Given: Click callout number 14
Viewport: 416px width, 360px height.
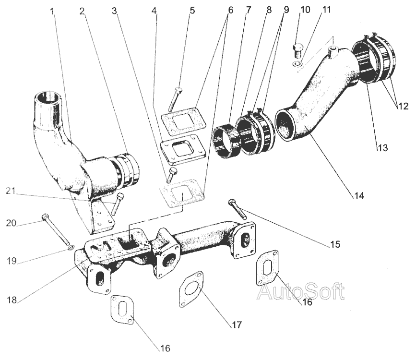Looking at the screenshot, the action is pos(359,196).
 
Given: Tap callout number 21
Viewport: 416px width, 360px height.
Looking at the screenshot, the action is pos(11,191).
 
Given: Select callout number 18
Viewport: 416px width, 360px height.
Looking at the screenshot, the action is pos(12,300).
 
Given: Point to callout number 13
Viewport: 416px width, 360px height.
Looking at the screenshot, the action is pos(382,148).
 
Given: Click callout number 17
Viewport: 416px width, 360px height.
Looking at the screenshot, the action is pos(237,324).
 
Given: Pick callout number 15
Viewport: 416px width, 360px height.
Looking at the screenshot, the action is pos(335,244).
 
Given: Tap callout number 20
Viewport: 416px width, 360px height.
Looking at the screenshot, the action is pos(11,223).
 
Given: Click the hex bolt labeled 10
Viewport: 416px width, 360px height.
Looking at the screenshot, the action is pos(297,51).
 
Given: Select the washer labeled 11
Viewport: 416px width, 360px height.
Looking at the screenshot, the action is pos(297,64).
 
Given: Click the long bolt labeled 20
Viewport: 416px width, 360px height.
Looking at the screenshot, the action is pos(55,229).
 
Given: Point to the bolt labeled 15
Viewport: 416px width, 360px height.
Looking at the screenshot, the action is pos(238,209).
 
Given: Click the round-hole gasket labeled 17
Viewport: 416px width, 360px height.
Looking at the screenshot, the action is pos(191,289).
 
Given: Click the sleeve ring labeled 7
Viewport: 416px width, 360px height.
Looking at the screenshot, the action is pos(226,141).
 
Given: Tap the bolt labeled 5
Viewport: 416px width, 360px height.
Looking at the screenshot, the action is pos(175,99).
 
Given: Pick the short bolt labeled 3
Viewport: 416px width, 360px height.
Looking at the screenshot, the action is pos(171,175).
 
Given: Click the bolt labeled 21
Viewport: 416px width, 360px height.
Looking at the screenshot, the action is pos(118,204).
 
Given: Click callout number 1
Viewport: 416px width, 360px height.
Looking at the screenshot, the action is pos(52,12).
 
